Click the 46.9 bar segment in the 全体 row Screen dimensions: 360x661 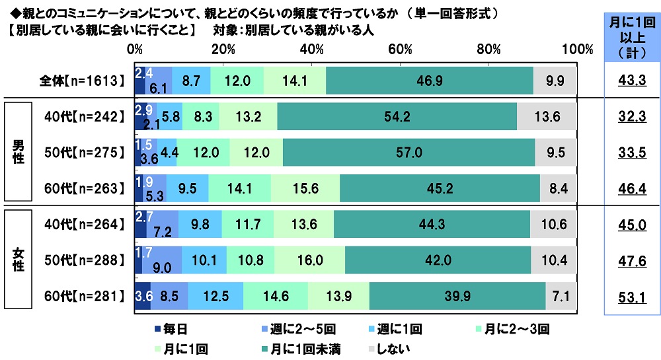point(429,81)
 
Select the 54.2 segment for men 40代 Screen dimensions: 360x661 point(397,116)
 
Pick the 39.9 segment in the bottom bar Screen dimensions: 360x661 point(457,295)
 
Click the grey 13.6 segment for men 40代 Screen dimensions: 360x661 point(547,116)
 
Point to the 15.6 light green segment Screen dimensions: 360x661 point(305,188)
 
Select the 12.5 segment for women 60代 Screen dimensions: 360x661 point(215,295)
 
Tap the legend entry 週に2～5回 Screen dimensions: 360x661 point(284,328)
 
